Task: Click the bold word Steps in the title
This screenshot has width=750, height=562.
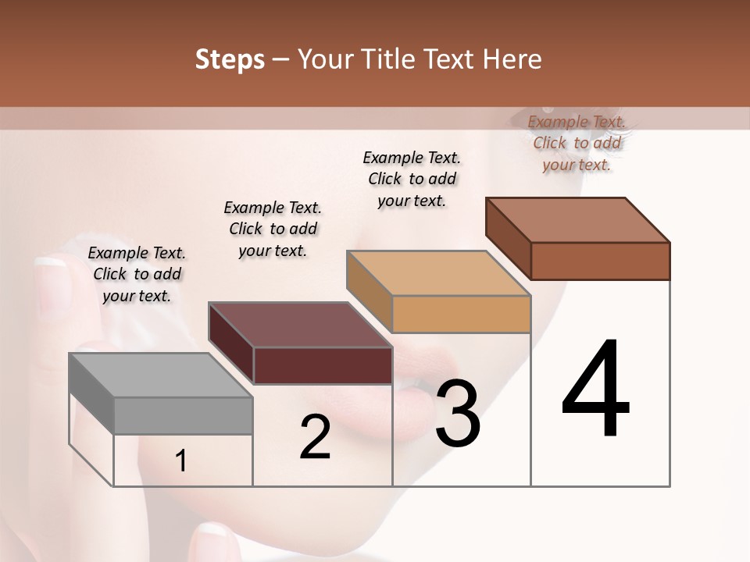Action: (x=230, y=60)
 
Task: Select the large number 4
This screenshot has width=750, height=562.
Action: (x=596, y=389)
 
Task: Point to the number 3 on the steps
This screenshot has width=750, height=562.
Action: (x=458, y=414)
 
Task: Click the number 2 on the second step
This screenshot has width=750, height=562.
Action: (x=315, y=436)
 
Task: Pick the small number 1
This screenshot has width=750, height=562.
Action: (x=180, y=461)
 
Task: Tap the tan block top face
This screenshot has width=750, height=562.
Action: (x=438, y=274)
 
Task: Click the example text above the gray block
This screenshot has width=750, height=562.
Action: (x=137, y=274)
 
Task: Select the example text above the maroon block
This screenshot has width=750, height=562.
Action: (x=273, y=229)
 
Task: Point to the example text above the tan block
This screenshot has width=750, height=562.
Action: (x=412, y=179)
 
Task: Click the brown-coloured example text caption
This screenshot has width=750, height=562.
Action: (x=577, y=143)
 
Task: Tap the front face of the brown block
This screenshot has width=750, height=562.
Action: (x=600, y=261)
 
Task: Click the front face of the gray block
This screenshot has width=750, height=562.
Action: (x=184, y=415)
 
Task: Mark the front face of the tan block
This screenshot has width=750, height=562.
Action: (x=461, y=314)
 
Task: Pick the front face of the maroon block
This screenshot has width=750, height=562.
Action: (x=323, y=365)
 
